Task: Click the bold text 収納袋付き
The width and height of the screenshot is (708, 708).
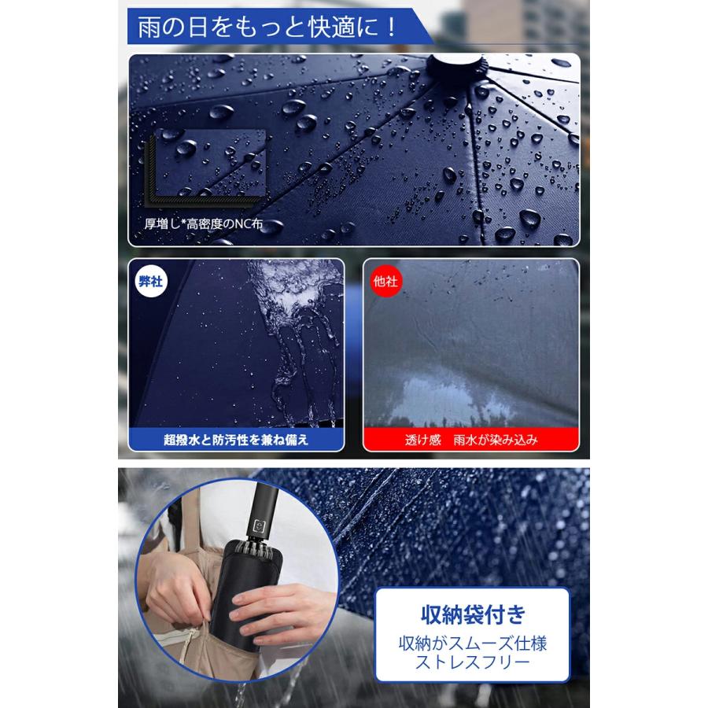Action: click(x=472, y=611)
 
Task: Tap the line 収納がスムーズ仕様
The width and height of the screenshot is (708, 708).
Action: click(x=472, y=643)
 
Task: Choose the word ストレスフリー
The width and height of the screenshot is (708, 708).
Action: click(x=472, y=666)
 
